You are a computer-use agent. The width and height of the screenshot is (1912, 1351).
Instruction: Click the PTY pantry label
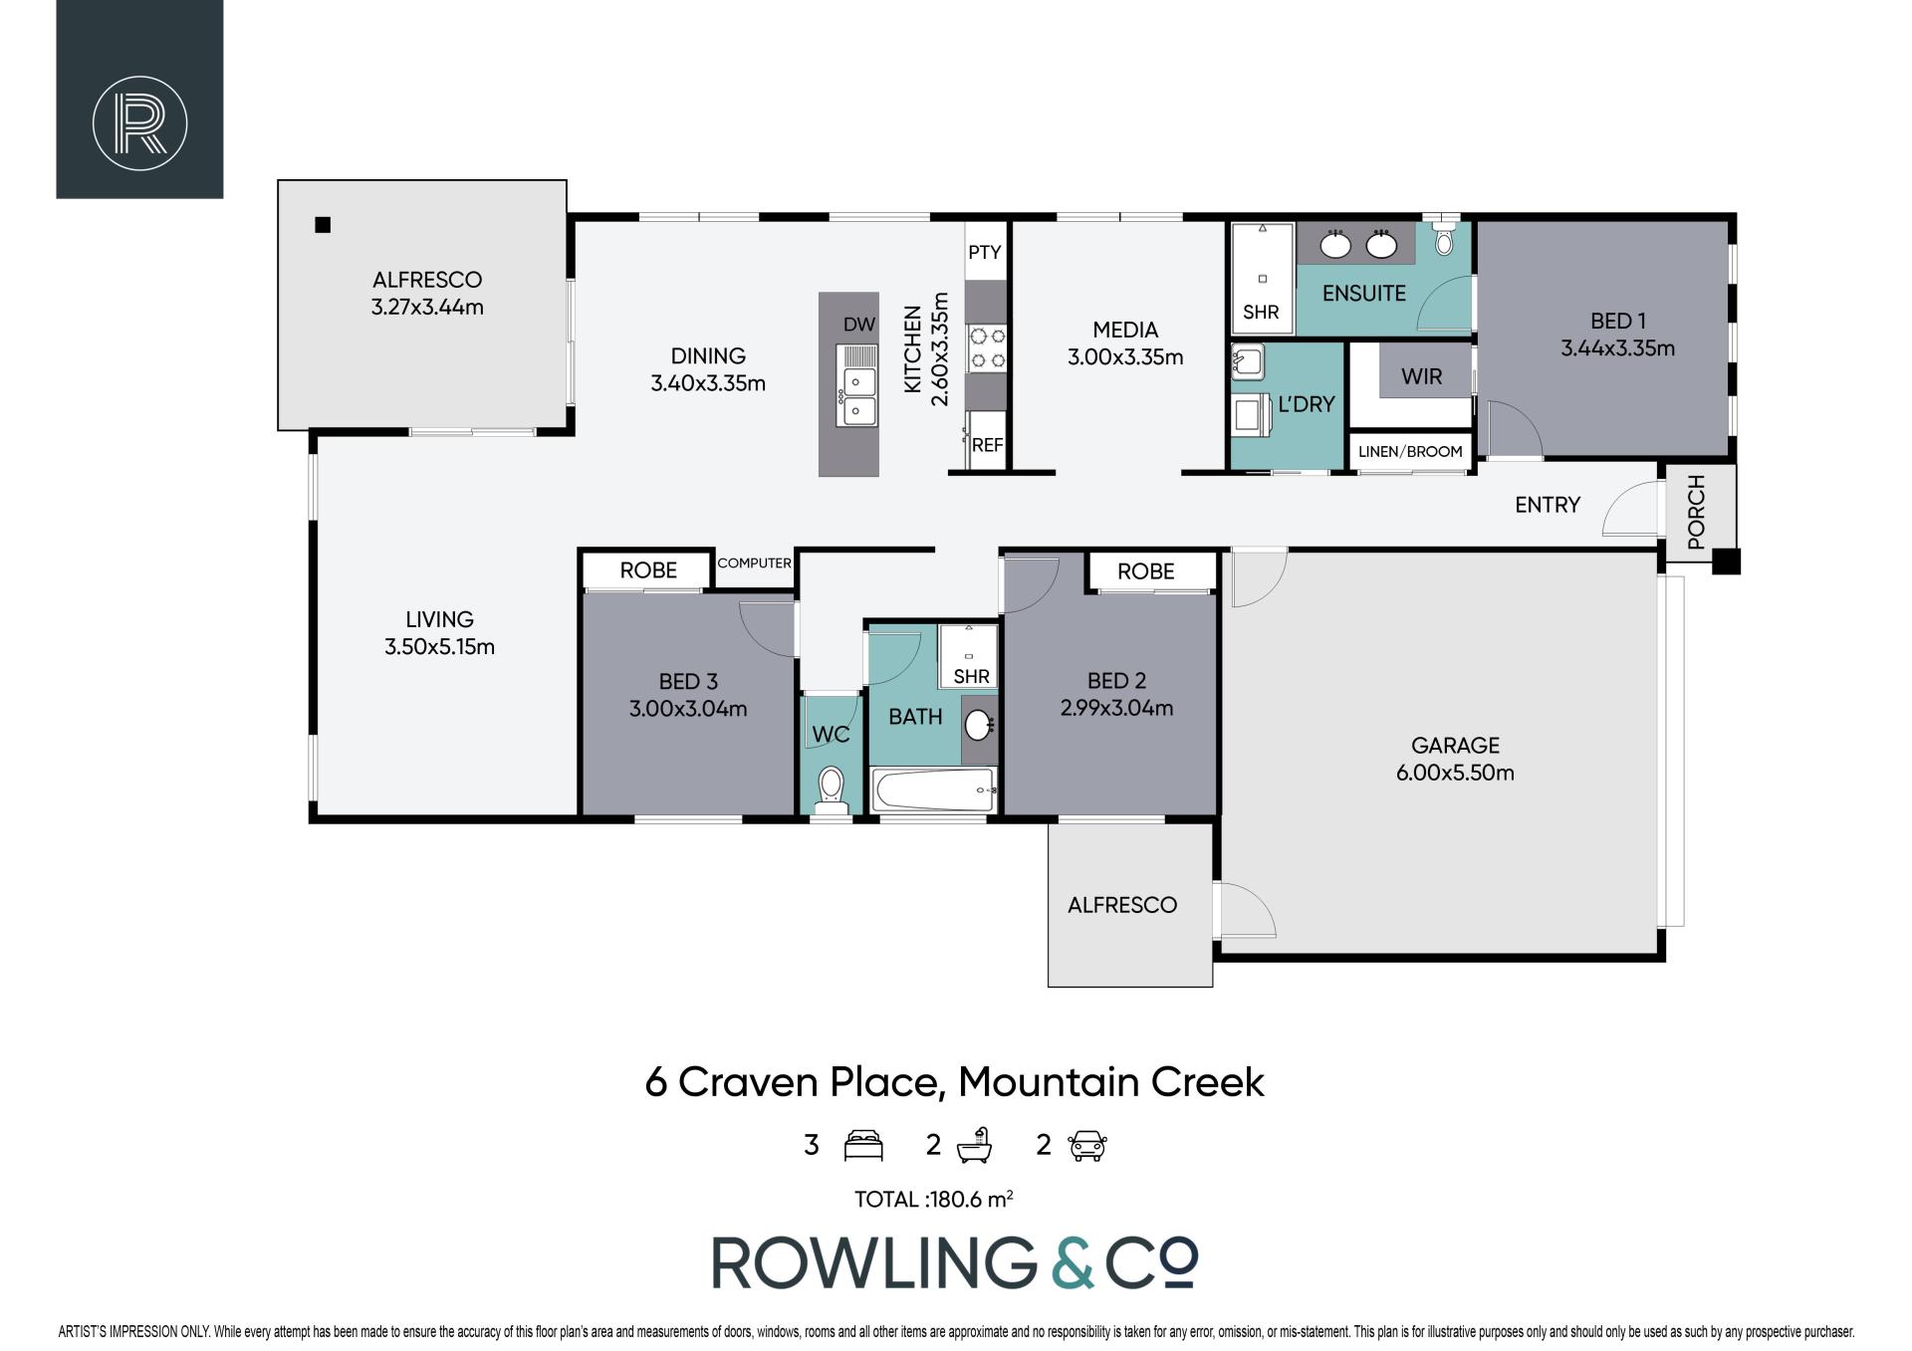click(x=984, y=252)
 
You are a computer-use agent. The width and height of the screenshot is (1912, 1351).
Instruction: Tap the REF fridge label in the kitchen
click(x=987, y=445)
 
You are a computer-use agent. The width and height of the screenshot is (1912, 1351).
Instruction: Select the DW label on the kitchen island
click(x=858, y=324)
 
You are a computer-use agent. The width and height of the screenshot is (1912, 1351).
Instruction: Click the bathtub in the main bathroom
click(x=934, y=789)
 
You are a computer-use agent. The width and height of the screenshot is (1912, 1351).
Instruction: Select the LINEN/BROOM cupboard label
click(x=1410, y=451)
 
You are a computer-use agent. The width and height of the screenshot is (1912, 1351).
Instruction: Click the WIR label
click(x=1421, y=376)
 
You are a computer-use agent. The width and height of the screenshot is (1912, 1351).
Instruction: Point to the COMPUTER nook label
click(x=754, y=563)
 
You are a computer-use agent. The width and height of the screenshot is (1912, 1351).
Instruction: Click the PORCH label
click(x=1697, y=512)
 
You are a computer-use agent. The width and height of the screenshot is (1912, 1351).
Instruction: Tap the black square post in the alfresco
click(x=322, y=225)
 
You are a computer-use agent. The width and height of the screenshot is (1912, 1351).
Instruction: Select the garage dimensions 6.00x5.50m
click(x=1455, y=773)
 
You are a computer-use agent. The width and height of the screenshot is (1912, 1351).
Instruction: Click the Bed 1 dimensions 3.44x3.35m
click(x=1617, y=348)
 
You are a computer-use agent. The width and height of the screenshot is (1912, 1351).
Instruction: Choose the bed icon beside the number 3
click(x=863, y=1145)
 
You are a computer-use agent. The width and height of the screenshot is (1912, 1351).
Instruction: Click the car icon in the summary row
click(x=1088, y=1145)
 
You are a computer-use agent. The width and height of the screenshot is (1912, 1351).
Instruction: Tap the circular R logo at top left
click(x=139, y=122)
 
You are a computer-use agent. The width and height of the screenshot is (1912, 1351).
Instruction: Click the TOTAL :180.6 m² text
click(x=934, y=1200)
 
